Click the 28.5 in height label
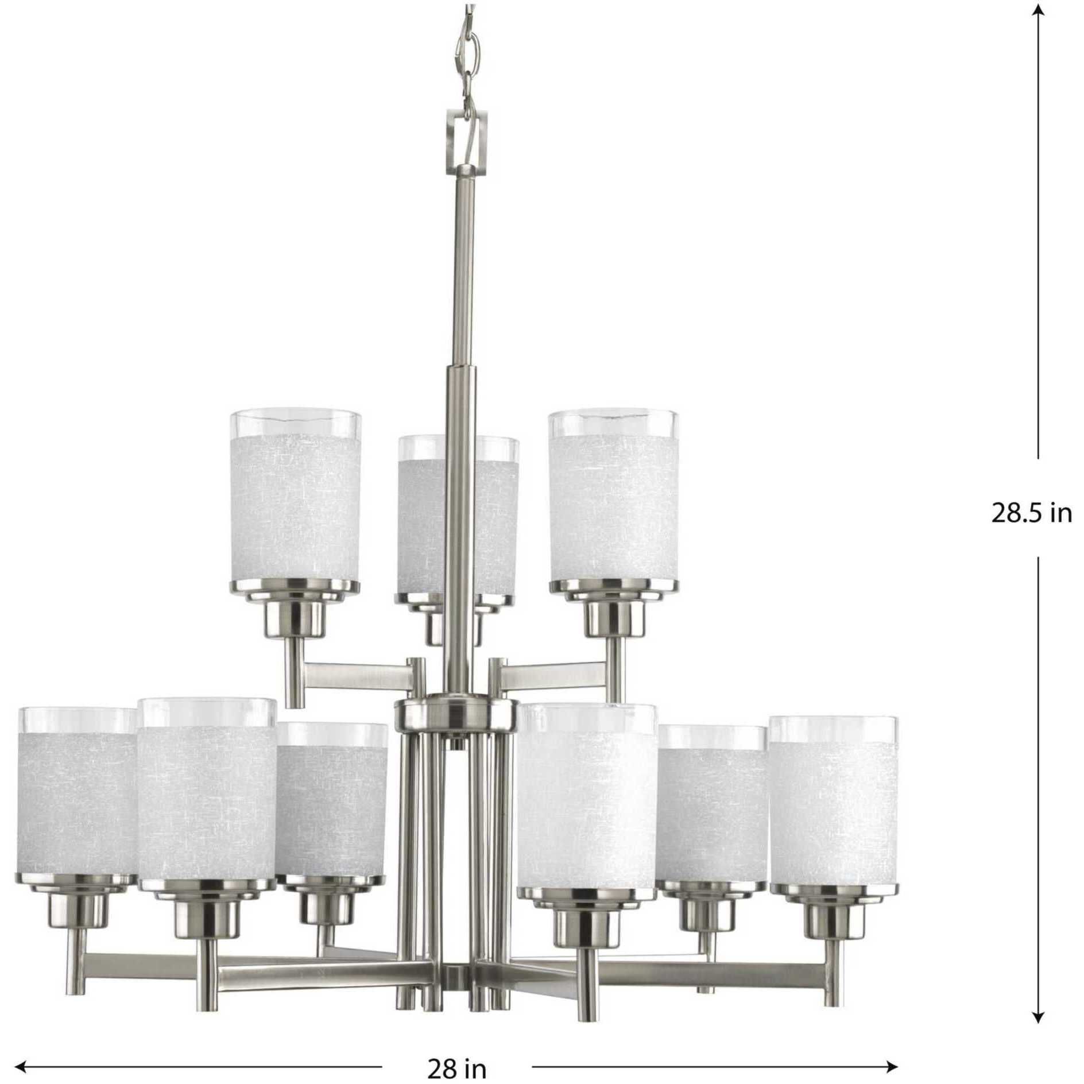tap(1031, 513)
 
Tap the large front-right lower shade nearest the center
tap(586, 798)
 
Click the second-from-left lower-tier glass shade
tap(207, 798)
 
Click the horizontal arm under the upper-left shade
tap(356, 675)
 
